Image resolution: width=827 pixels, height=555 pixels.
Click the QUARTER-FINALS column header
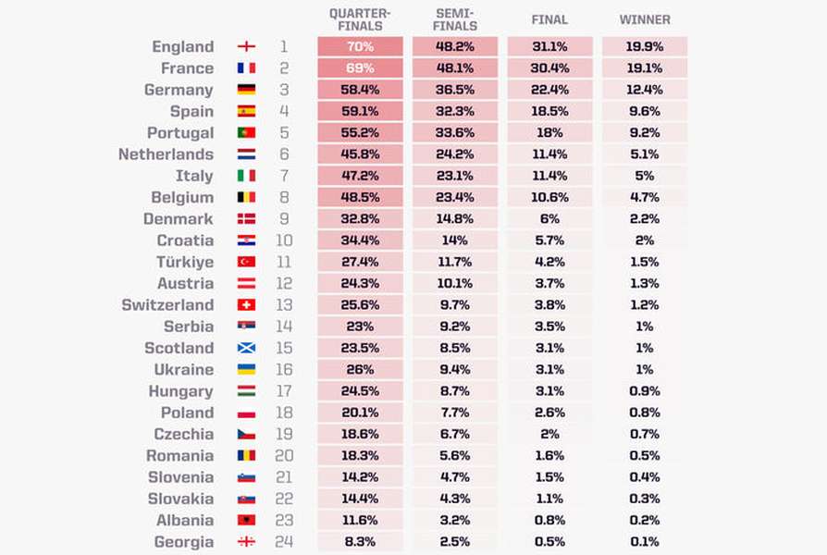(x=360, y=19)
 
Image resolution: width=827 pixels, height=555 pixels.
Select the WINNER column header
(x=645, y=19)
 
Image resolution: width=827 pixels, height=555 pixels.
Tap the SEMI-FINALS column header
(x=454, y=19)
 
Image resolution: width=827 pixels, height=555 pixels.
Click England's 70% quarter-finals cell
(x=360, y=46)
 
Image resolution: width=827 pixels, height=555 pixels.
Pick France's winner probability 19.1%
(x=645, y=68)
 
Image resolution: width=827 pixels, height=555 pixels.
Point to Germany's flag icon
(x=246, y=90)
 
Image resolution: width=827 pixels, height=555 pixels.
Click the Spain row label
(x=191, y=111)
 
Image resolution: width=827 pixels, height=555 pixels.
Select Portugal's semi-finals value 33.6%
(x=454, y=132)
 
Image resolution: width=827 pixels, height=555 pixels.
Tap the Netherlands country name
(x=167, y=154)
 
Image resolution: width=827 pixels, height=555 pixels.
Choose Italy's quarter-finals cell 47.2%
(x=360, y=176)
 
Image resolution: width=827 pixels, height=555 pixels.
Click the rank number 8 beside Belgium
(x=284, y=197)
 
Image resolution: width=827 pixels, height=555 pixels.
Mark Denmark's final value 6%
(x=549, y=218)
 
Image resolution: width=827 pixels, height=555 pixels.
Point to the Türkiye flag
(x=246, y=262)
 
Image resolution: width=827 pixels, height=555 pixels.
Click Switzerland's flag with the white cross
(x=246, y=305)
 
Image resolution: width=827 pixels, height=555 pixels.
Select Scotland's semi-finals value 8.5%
(x=454, y=348)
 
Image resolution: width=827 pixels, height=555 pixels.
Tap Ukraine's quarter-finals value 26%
(x=360, y=369)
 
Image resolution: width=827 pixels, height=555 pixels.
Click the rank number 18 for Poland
(x=284, y=413)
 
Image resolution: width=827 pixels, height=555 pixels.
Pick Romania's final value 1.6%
(x=549, y=455)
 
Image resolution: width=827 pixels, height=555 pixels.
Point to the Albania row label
(x=185, y=520)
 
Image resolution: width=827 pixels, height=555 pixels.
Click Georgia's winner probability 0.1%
(x=645, y=541)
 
